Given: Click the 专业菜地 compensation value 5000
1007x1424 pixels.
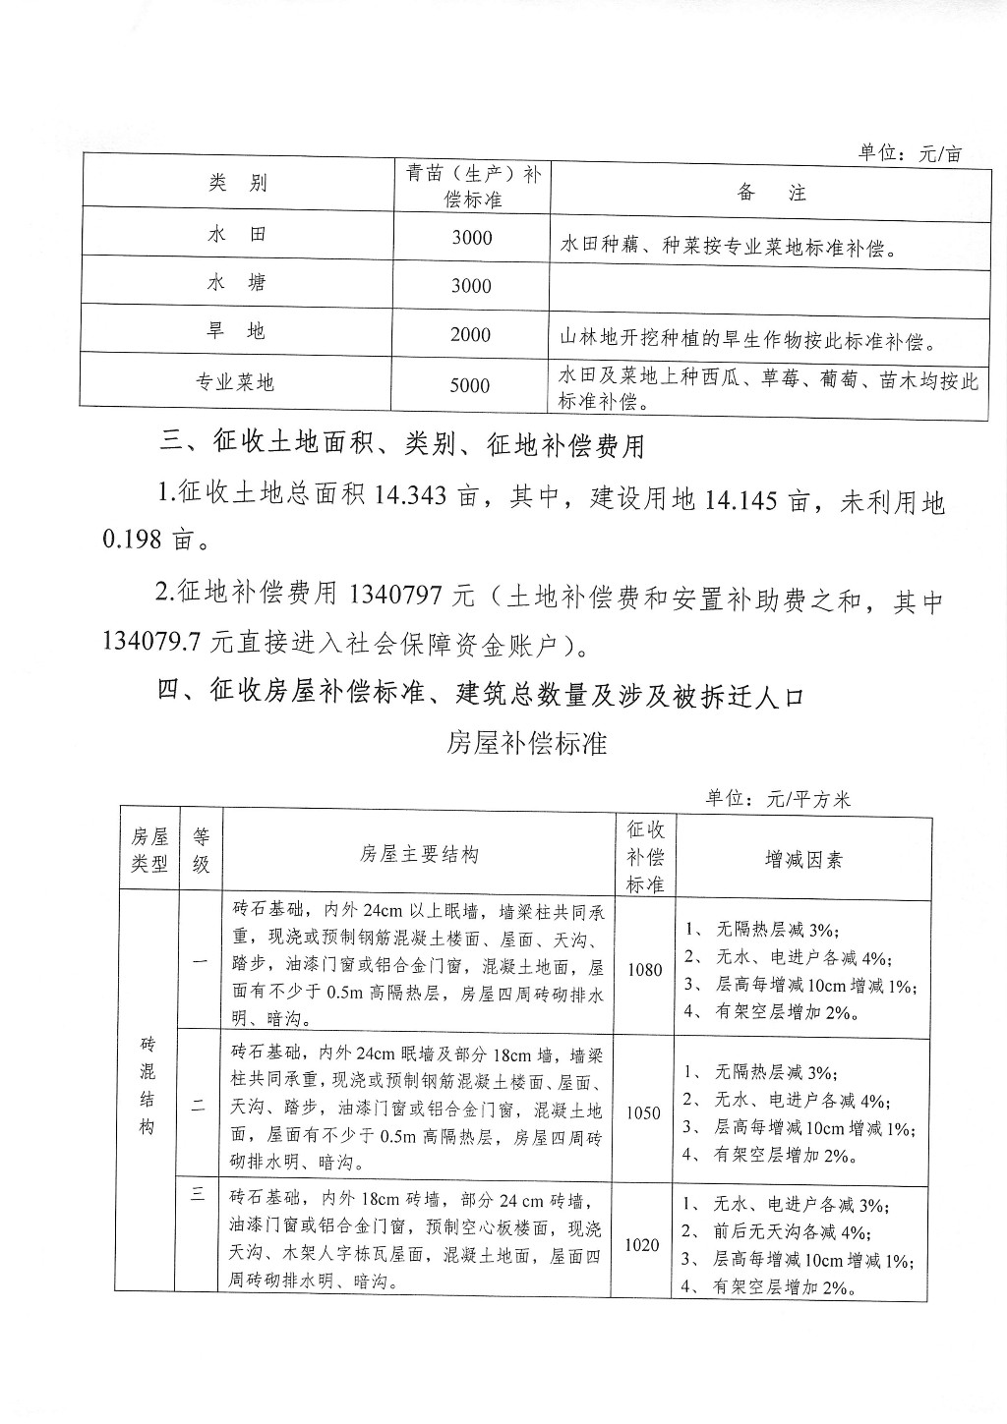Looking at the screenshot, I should [470, 385].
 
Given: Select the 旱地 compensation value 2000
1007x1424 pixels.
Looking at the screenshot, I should [470, 335].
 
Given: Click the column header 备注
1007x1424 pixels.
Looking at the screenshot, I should [771, 193].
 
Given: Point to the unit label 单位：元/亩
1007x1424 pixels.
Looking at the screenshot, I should [909, 153].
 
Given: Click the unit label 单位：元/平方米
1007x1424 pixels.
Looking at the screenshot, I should [777, 799].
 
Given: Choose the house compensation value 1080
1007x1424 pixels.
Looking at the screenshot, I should [644, 970].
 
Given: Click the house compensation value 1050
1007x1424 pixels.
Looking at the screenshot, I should [643, 1113].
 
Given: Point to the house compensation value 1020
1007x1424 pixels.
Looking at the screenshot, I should [642, 1244].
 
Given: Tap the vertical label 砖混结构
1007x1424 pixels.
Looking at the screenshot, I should [147, 1084].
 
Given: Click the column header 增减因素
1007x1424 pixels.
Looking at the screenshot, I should [803, 860].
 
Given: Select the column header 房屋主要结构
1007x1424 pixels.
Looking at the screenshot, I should [419, 855].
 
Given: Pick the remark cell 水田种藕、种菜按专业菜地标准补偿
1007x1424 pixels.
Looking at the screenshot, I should [729, 245].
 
